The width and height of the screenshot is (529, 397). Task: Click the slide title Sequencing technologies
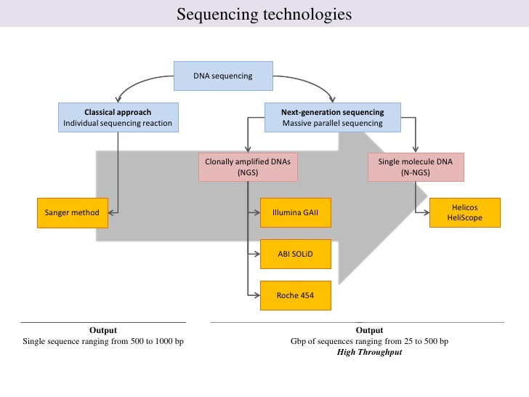pos(264,15)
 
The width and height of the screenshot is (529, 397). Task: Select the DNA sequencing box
pos(222,76)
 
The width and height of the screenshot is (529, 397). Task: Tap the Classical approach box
pos(118,117)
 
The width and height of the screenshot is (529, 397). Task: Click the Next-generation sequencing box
pos(332,117)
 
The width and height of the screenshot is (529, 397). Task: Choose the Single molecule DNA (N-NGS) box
pos(415,167)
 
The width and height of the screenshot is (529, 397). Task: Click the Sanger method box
pos(71,212)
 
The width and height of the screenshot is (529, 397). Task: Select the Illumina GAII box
pos(295,213)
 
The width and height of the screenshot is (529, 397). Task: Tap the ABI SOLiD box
pos(295,254)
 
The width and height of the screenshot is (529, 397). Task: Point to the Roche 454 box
pos(295,295)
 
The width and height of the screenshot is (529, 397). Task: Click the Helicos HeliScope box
pos(465,212)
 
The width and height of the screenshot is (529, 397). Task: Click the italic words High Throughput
pos(369,353)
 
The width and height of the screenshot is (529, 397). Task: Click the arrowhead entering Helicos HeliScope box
pos(426,213)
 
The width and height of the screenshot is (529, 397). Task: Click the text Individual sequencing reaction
pos(118,123)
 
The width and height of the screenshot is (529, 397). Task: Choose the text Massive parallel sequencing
pos(332,123)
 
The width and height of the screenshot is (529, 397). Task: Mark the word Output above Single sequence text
pos(102,330)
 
